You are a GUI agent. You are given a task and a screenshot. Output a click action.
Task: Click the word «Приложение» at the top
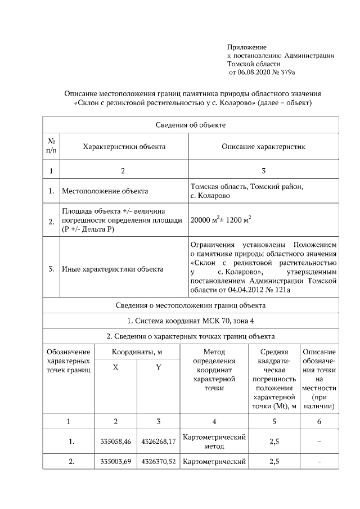(x=246, y=47)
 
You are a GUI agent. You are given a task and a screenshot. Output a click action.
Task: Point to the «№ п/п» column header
(x=51, y=146)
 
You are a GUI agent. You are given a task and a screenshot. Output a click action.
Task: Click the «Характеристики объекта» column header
(x=124, y=146)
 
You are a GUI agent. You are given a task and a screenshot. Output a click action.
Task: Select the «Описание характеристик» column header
(x=263, y=146)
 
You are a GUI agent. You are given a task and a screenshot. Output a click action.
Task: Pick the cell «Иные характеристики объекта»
(x=112, y=269)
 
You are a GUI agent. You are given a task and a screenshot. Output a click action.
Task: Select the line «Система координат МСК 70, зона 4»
(x=191, y=321)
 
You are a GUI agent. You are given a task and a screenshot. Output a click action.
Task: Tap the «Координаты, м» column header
(x=137, y=352)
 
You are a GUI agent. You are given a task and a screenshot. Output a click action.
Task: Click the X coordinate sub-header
(x=115, y=367)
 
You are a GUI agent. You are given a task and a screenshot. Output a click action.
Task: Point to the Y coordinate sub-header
(x=158, y=367)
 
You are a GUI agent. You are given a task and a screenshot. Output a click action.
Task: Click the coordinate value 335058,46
(x=115, y=442)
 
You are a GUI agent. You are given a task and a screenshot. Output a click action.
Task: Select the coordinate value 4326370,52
(x=158, y=462)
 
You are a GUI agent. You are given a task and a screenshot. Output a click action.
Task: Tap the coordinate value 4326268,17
(x=158, y=442)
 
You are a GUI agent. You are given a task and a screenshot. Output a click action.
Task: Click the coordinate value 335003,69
(x=115, y=462)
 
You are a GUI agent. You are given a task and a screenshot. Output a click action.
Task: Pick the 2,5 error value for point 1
(x=274, y=442)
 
